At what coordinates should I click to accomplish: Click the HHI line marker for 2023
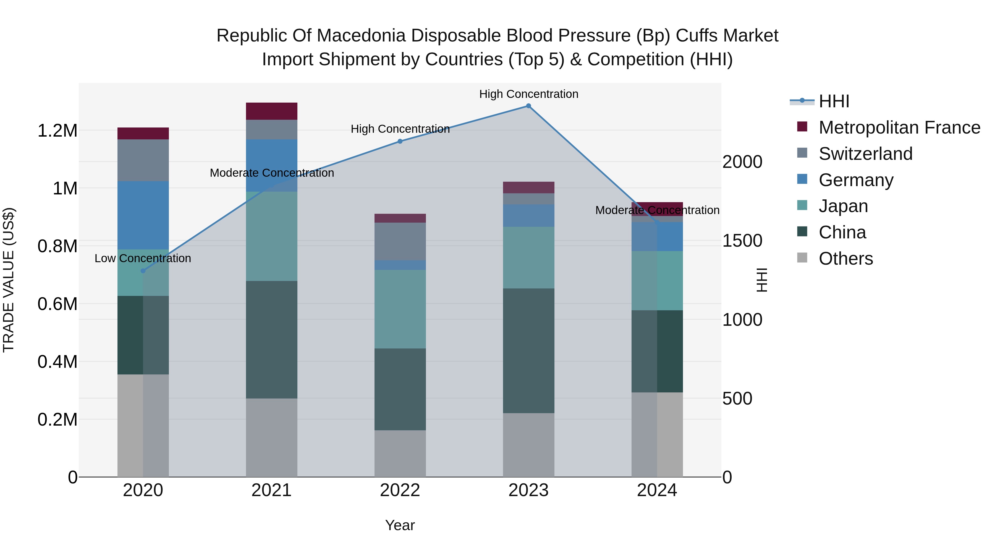528,106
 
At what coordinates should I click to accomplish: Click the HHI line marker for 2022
400,141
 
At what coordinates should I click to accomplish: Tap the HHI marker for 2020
143,271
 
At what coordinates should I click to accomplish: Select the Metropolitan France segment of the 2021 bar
271,111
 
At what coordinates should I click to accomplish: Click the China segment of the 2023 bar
528,351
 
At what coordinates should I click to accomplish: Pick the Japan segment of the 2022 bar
400,309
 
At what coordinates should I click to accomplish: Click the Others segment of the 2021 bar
271,437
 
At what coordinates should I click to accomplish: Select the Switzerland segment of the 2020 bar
143,160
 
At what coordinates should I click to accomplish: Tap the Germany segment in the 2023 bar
528,216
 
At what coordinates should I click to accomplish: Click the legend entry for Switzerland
865,154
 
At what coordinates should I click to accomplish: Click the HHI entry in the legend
834,101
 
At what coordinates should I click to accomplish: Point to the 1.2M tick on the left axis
57,131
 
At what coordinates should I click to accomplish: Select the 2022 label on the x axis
400,490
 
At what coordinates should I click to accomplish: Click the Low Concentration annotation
143,258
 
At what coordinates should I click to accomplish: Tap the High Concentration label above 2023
528,94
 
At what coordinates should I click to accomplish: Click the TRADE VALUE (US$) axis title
9,280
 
